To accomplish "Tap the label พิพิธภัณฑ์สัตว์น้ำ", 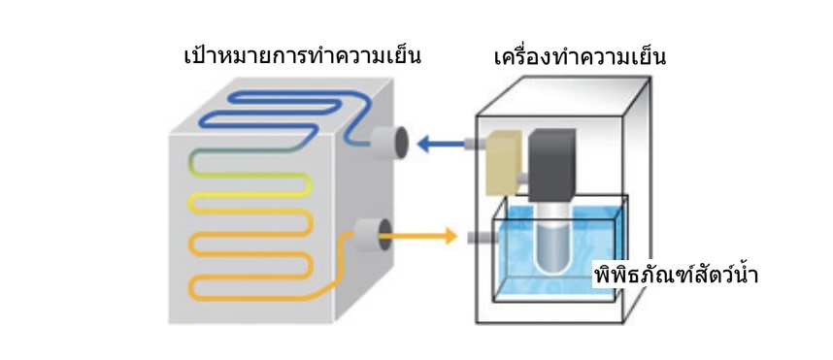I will (675, 275).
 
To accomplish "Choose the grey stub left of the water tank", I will (481, 238).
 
